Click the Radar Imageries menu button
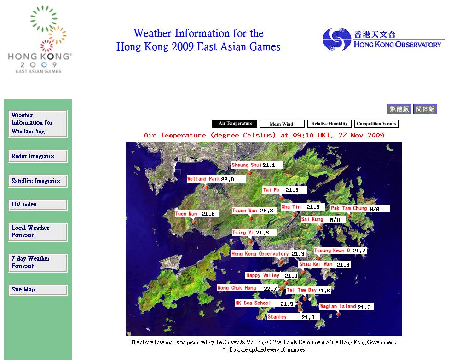pyautogui.click(x=38, y=156)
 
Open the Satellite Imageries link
pyautogui.click(x=38, y=181)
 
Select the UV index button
pyautogui.click(x=38, y=205)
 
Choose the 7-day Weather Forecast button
pyautogui.click(x=38, y=263)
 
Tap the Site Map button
pyautogui.click(x=38, y=290)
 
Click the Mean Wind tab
pyautogui.click(x=282, y=124)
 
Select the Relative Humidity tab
pyautogui.click(x=329, y=124)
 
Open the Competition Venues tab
pyautogui.click(x=376, y=124)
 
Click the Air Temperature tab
pyautogui.click(x=235, y=124)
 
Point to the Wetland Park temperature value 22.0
pyautogui.click(x=227, y=179)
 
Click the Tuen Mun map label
pyautogui.click(x=186, y=214)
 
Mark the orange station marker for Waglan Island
pyautogui.click(x=338, y=314)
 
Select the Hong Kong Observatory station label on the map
pyautogui.click(x=260, y=254)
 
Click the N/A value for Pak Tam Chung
pyautogui.click(x=375, y=209)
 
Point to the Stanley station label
pyautogui.click(x=277, y=317)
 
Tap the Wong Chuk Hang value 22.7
pyautogui.click(x=270, y=289)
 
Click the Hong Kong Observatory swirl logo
pyautogui.click(x=336, y=39)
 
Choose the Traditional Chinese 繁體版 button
pyautogui.click(x=399, y=109)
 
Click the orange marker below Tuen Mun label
pyautogui.click(x=194, y=222)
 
